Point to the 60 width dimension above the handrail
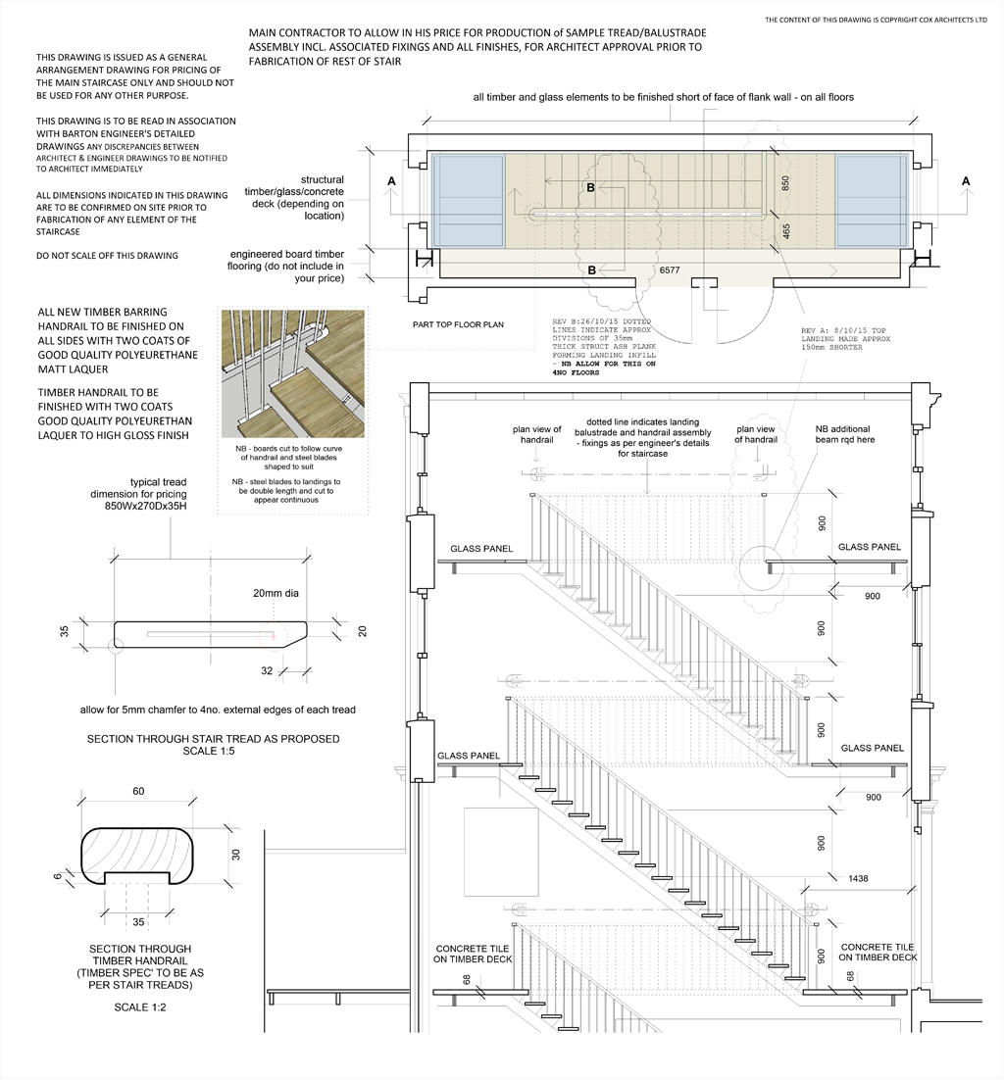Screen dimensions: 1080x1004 click(x=138, y=791)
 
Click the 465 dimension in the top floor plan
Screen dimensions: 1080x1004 click(x=785, y=232)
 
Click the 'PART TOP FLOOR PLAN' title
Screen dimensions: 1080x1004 click(x=458, y=323)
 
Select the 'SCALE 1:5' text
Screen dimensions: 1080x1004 click(x=213, y=752)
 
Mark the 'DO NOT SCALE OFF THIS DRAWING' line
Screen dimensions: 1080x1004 click(x=107, y=256)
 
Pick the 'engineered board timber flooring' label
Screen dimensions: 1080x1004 click(x=287, y=266)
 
